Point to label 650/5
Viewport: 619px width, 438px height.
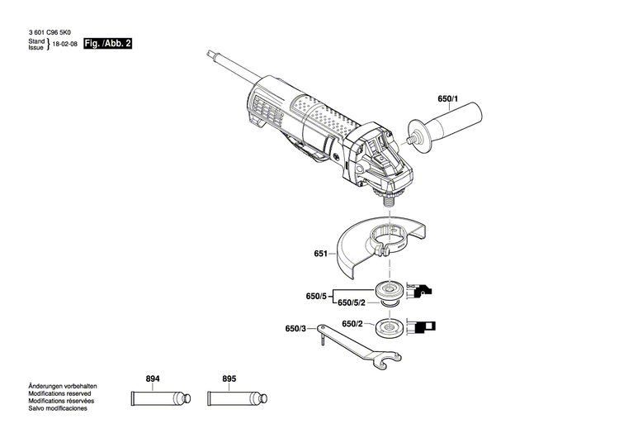tap(317, 295)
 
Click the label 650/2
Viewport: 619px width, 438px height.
tap(352, 323)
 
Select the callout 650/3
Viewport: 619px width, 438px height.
tap(295, 329)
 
